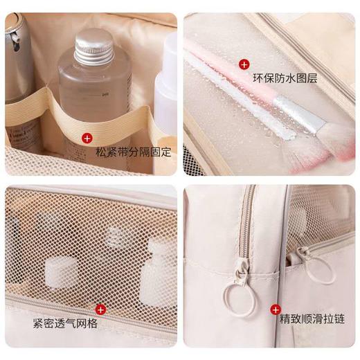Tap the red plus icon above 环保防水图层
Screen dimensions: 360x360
coord(244,64)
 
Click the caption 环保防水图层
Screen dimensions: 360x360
coord(285,78)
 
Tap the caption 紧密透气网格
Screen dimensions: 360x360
coord(64,323)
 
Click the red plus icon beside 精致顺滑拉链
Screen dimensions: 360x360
coord(276,309)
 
